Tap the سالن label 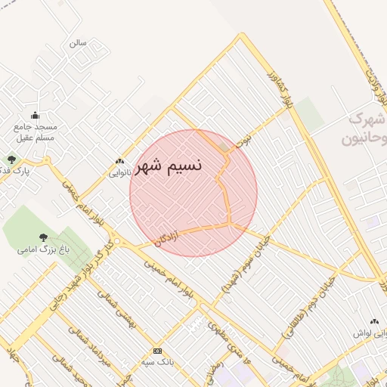[78, 43]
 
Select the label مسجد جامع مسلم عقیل [36, 132]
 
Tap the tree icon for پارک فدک [11, 159]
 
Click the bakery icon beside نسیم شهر [119, 161]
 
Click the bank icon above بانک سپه [157, 351]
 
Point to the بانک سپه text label [158, 362]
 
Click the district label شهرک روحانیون [364, 129]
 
